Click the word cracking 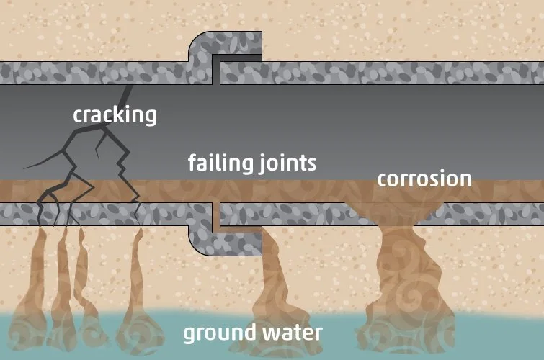[115, 114]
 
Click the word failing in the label [218, 163]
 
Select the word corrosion [424, 178]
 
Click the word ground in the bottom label [219, 333]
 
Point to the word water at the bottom [290, 333]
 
